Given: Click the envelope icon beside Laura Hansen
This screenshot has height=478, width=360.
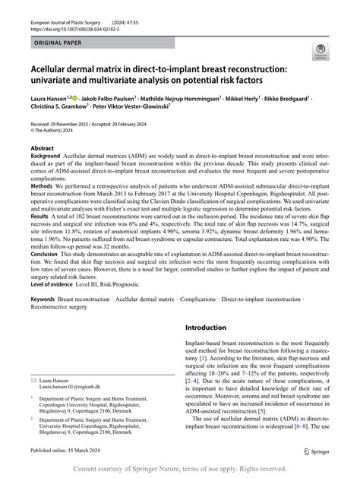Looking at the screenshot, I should [33, 400].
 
